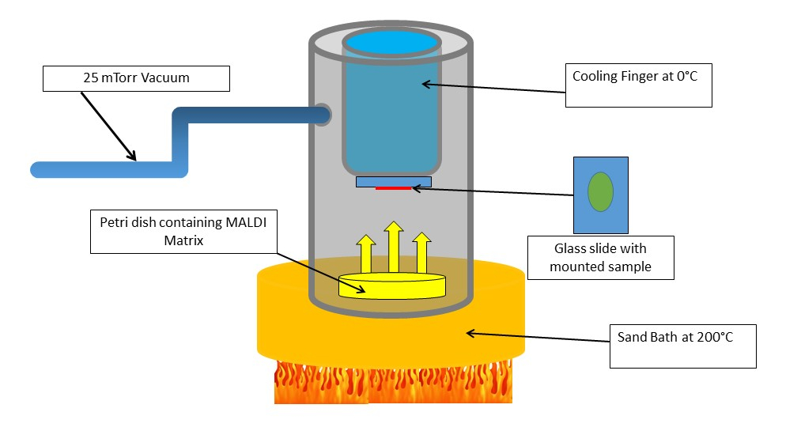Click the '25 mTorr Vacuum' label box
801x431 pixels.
click(136, 78)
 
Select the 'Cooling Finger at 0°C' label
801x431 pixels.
click(639, 85)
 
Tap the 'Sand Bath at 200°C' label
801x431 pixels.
click(682, 345)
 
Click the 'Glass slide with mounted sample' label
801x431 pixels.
click(600, 257)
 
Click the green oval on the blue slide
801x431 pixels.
click(600, 192)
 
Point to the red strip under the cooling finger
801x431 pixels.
click(393, 188)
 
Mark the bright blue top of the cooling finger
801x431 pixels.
click(392, 41)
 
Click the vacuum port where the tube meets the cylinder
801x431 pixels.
click(323, 115)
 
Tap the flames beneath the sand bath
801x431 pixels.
click(392, 384)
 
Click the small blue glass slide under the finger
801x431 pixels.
click(393, 181)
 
